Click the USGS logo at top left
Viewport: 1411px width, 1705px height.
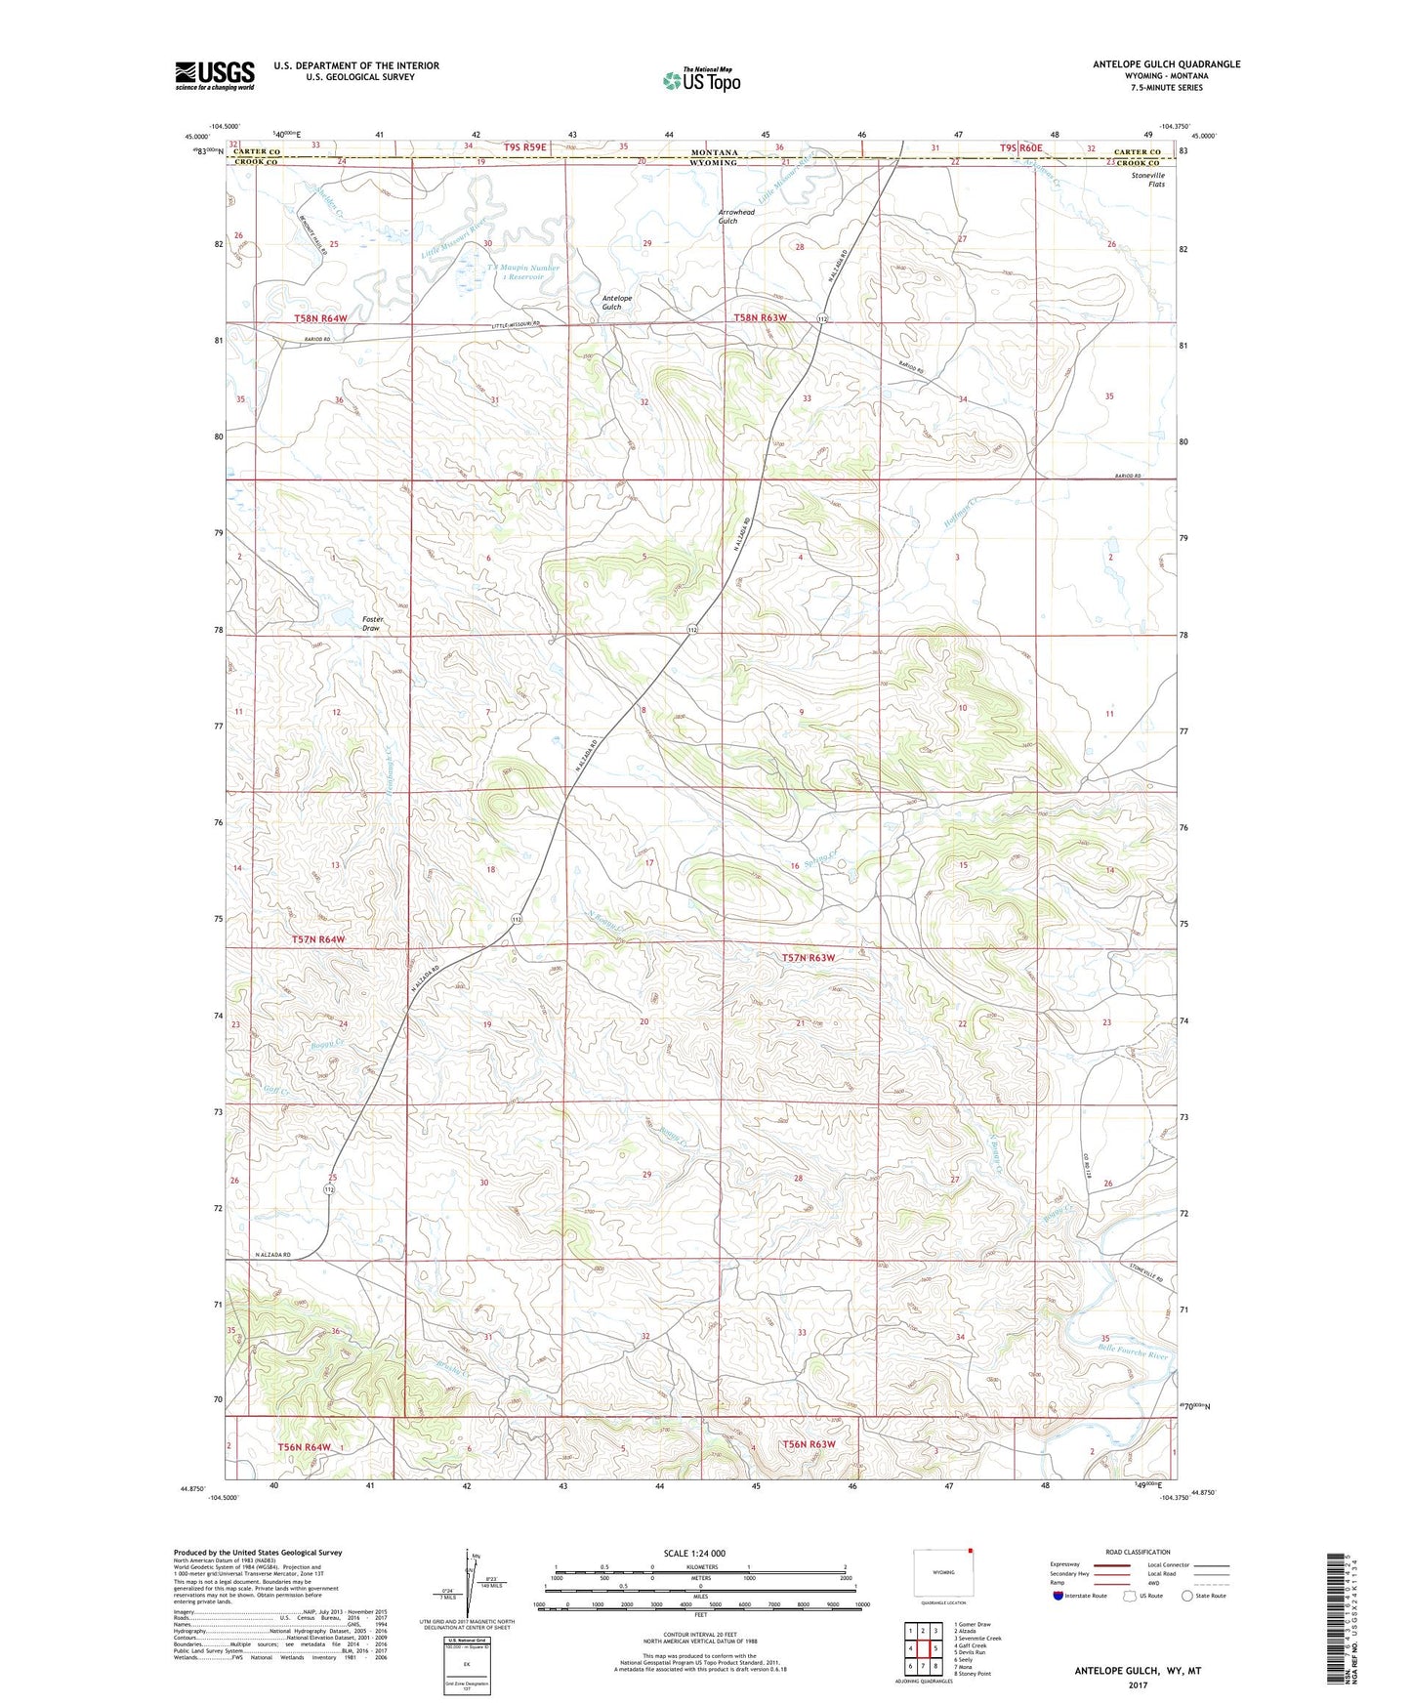click(215, 74)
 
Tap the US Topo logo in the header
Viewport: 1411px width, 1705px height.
click(700, 80)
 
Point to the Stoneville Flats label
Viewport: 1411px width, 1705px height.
click(1147, 180)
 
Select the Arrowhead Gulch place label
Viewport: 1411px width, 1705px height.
click(735, 216)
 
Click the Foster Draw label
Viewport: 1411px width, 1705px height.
click(372, 623)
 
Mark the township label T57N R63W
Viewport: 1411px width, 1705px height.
click(808, 957)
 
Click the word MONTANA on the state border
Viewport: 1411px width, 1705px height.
click(714, 152)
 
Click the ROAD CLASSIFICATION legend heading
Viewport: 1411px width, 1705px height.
click(1138, 1552)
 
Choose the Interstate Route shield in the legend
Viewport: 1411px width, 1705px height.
click(1058, 1596)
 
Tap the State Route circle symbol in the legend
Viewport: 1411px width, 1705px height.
click(1187, 1596)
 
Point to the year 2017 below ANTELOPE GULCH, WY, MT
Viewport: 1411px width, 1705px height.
click(1138, 1684)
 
